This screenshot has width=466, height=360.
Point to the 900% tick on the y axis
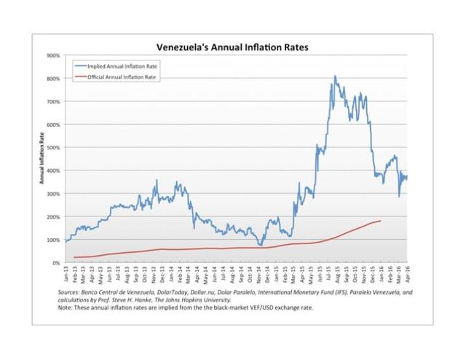coord(53,55)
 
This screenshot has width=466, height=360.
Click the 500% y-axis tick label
coord(53,147)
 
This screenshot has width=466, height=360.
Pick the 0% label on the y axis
coord(55,262)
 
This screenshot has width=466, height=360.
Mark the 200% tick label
coord(53,216)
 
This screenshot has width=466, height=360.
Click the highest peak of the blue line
coord(335,76)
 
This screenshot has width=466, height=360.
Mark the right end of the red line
coord(381,220)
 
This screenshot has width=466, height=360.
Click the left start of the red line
coord(74,257)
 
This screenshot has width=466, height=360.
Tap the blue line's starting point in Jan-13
coord(66,241)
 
